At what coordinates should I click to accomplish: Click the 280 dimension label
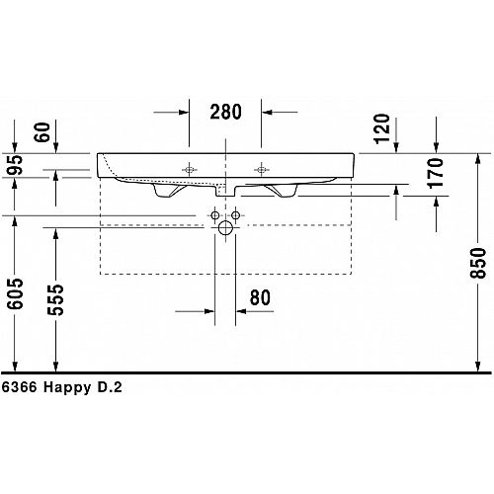[x=225, y=112]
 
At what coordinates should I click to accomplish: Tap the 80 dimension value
[x=260, y=297]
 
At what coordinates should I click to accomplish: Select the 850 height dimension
[x=478, y=263]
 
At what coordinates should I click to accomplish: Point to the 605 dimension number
[x=16, y=293]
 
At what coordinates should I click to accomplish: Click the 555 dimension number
[x=55, y=299]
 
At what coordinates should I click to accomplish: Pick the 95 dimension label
[x=16, y=165]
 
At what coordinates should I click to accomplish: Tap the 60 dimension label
[x=42, y=132]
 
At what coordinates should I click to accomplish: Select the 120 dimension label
[x=382, y=128]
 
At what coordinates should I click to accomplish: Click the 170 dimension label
[x=436, y=173]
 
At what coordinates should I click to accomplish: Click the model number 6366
[x=19, y=387]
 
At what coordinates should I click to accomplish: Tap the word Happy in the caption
[x=67, y=388]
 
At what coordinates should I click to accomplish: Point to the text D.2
[x=110, y=387]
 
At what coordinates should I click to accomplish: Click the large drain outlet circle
[x=225, y=228]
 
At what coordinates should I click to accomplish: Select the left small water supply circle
[x=215, y=215]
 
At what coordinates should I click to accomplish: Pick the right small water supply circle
[x=235, y=215]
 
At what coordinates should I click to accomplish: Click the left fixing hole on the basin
[x=189, y=170]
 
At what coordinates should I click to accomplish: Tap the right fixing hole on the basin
[x=261, y=170]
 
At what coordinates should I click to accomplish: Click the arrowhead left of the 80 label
[x=209, y=311]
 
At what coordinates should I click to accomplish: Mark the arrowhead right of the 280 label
[x=267, y=113]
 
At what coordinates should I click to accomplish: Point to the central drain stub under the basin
[x=225, y=191]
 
